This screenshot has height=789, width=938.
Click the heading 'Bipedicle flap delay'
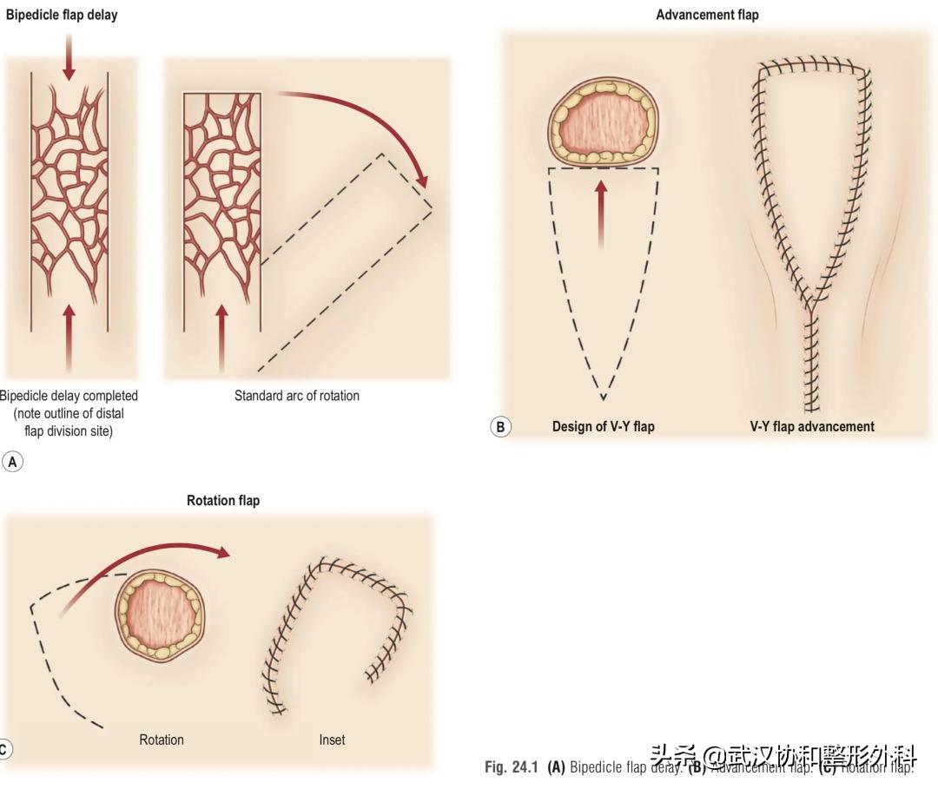[62, 15]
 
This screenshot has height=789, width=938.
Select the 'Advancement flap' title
[707, 15]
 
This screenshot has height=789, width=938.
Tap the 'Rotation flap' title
[223, 501]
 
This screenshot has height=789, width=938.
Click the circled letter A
[12, 462]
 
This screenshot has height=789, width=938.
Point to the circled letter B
[500, 426]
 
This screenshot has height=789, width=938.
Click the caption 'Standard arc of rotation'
[296, 396]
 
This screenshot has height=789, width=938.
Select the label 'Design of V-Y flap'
[603, 426]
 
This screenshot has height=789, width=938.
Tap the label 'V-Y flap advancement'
[812, 426]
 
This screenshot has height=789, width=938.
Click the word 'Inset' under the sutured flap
[332, 740]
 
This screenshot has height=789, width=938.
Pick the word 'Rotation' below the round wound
[162, 740]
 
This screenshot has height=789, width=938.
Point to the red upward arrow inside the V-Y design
[600, 213]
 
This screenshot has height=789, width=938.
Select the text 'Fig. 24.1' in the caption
[512, 767]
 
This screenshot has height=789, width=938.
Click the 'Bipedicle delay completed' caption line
[69, 396]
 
